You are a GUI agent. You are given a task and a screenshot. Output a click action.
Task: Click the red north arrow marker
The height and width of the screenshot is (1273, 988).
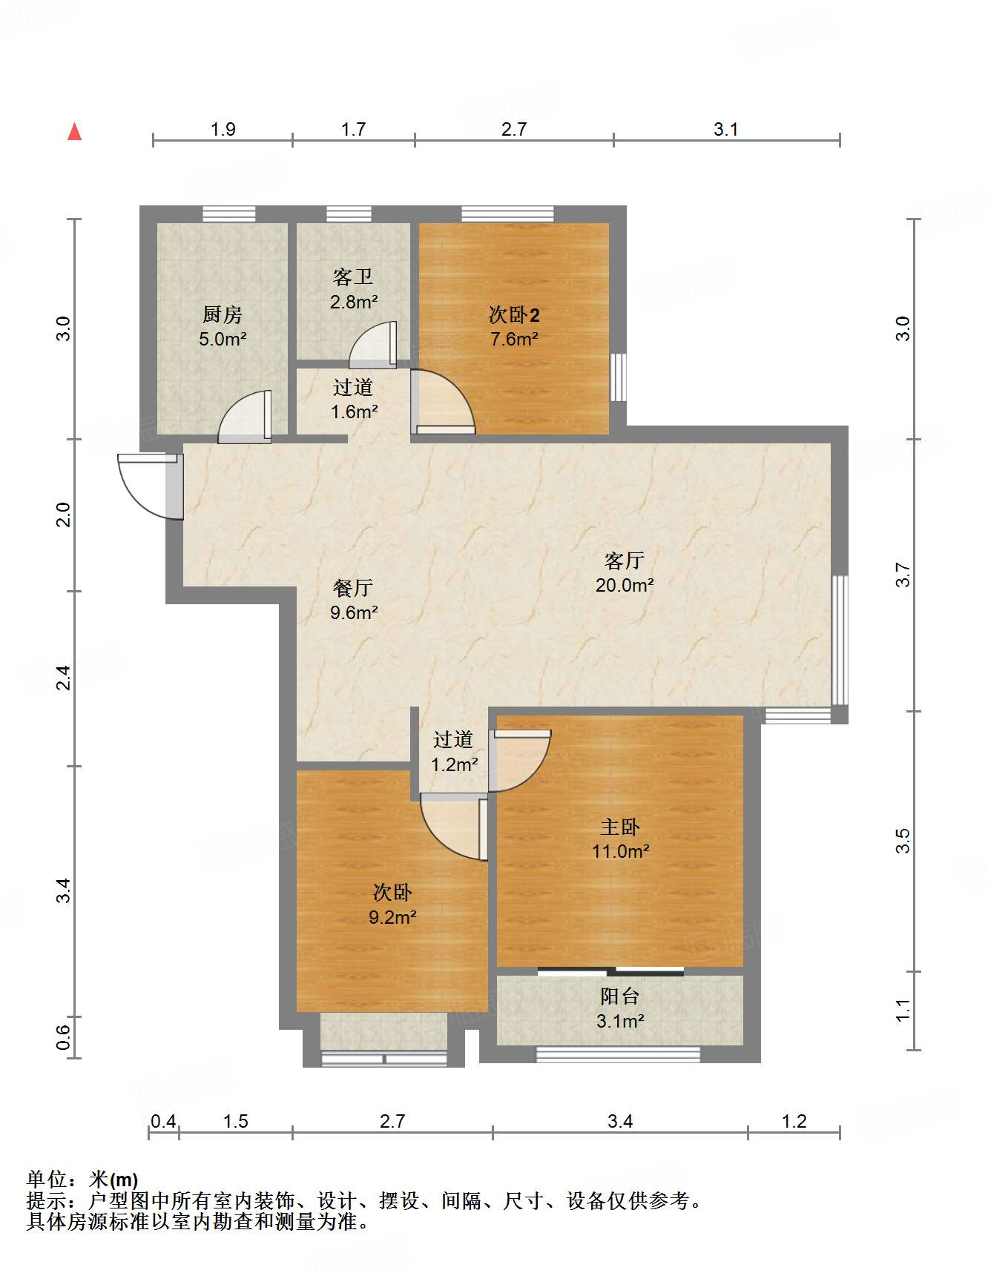74,132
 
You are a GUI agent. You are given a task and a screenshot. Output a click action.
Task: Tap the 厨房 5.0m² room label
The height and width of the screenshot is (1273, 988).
222,326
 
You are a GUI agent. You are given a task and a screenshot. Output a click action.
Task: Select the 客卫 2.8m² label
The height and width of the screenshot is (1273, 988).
353,289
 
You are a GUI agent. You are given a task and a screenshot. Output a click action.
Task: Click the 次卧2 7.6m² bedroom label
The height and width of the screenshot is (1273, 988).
513,326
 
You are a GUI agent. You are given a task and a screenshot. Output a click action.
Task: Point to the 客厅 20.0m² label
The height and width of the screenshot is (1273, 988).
624,572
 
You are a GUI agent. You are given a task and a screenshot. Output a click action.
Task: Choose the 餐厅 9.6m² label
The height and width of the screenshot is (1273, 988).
353,600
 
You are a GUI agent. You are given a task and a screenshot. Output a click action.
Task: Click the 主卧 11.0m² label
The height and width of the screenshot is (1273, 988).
620,839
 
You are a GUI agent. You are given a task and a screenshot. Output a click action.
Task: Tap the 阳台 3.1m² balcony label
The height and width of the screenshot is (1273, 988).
619,1008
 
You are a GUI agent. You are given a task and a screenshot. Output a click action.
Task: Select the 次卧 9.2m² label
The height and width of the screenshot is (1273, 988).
392,905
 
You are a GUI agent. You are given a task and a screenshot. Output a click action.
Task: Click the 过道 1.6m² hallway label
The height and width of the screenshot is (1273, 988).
353,399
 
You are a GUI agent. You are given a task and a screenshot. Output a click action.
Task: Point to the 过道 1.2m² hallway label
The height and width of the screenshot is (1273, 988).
453,751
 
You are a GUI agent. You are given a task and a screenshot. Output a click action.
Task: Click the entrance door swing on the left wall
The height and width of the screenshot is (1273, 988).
148,486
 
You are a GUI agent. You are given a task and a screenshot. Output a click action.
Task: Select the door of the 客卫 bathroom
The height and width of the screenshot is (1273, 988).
373,345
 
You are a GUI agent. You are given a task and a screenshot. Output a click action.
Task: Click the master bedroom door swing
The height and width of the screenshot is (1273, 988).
519,760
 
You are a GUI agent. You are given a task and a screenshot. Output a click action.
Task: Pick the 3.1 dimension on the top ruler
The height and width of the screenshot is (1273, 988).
725,129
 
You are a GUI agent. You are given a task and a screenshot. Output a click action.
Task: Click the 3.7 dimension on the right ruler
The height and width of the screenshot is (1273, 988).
902,575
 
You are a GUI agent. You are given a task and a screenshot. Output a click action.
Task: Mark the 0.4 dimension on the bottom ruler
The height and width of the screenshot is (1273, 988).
163,1121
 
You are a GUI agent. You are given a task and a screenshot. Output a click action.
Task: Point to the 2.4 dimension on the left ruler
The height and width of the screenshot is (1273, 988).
65,678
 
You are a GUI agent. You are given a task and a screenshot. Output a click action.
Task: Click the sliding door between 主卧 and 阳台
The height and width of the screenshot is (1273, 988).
610,971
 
